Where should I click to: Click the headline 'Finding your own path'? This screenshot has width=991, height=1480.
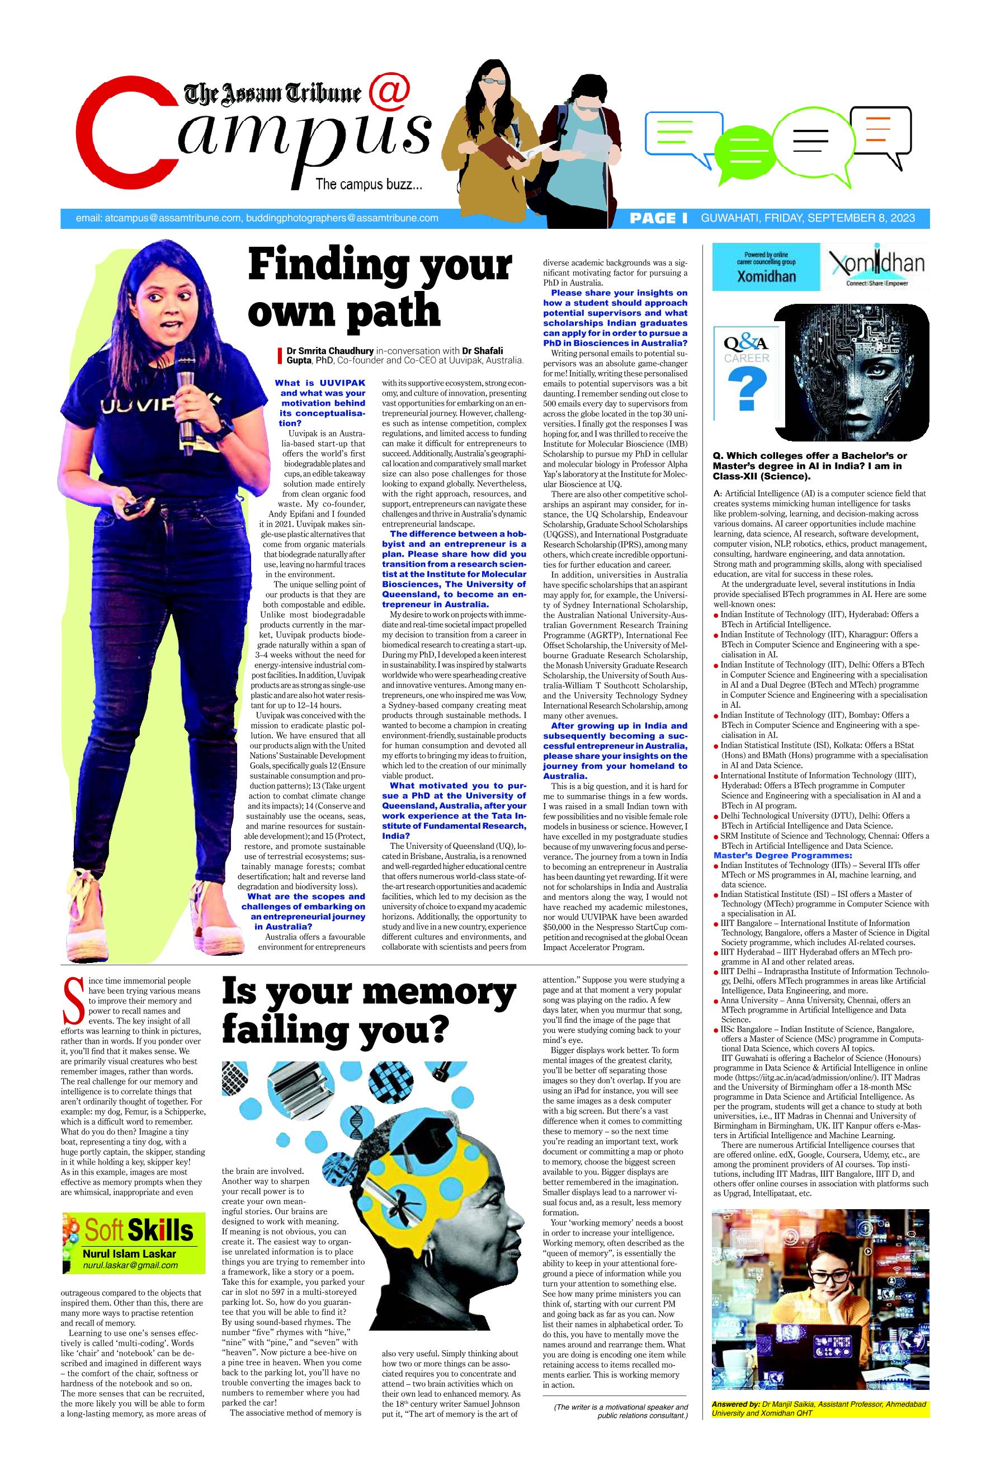pos(379,288)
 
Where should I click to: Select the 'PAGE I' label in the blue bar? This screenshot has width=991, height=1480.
pos(659,219)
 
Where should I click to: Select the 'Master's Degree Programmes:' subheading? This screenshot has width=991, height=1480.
pos(776,856)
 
